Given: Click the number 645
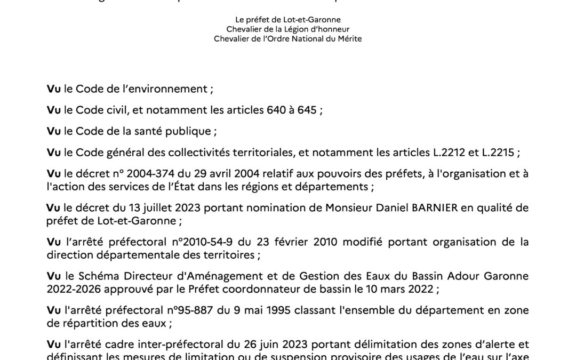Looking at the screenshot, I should click(307, 110).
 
